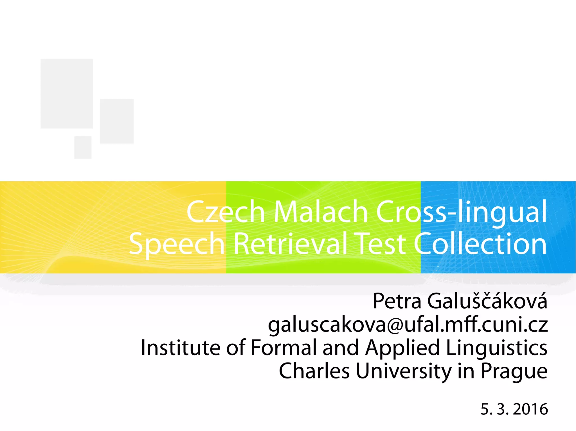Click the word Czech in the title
click(x=226, y=212)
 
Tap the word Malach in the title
click(x=321, y=212)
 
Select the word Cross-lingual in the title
click(x=461, y=212)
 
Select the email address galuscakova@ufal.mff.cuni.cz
click(x=408, y=325)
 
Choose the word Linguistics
click(x=497, y=348)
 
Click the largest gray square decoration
click(x=67, y=94)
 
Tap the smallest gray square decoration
click(x=83, y=147)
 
